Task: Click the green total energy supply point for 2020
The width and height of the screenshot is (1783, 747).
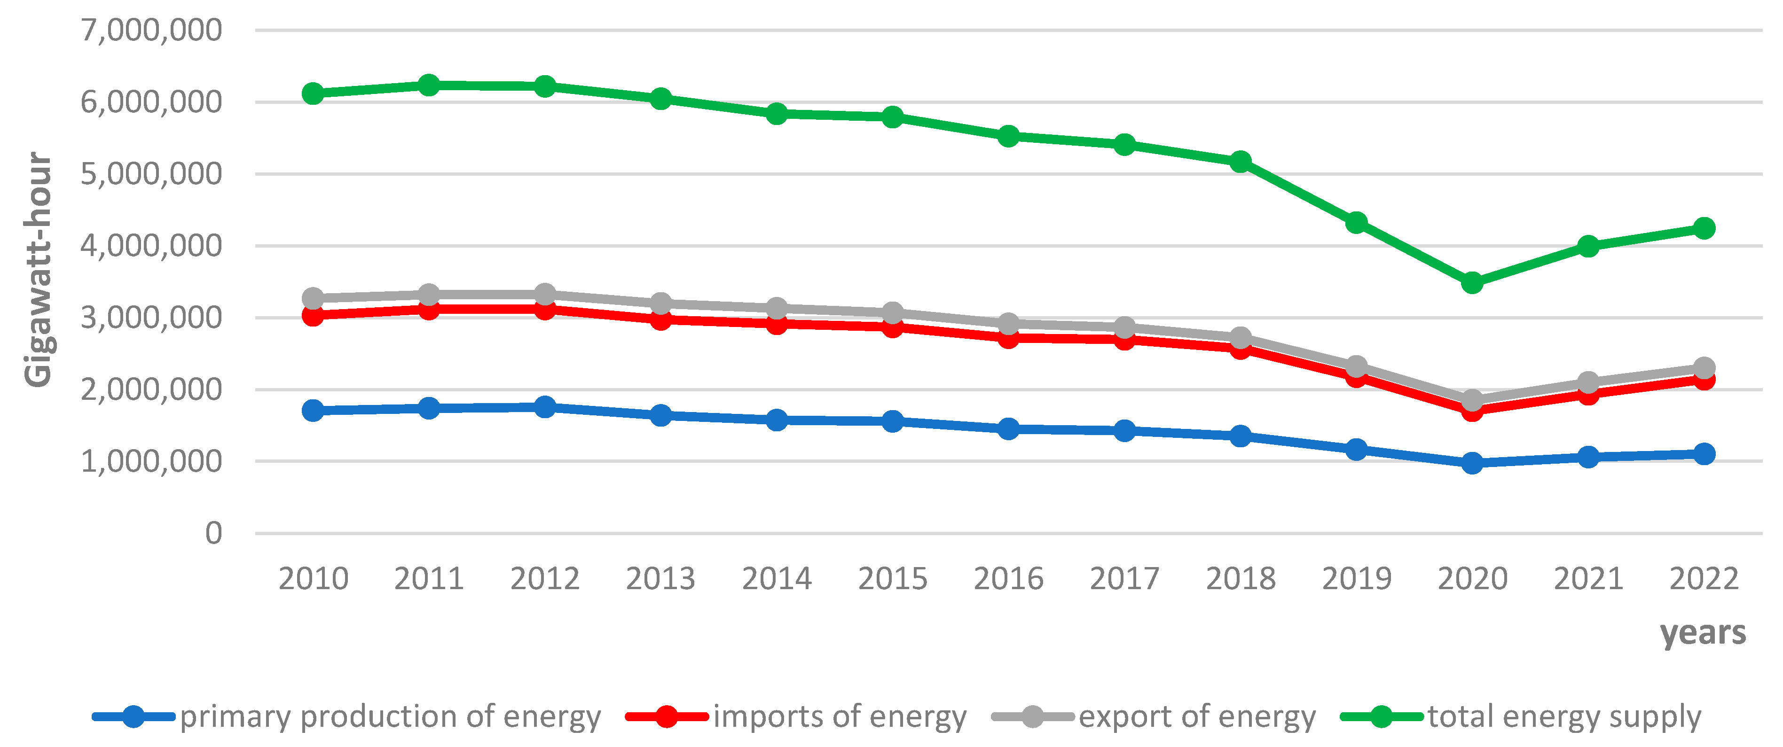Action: tap(1472, 283)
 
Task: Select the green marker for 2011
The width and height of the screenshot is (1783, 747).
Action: tap(429, 85)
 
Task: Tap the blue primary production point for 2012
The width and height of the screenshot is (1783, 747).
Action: tap(545, 407)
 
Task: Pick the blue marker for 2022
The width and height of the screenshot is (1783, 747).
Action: tap(1704, 454)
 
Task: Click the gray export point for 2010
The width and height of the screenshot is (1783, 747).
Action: tap(313, 298)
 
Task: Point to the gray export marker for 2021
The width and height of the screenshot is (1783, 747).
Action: tap(1588, 382)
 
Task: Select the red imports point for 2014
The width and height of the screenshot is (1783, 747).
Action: tap(777, 323)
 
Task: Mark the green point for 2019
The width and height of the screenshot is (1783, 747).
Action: tap(1357, 223)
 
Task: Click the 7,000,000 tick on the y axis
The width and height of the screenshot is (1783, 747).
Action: tap(151, 31)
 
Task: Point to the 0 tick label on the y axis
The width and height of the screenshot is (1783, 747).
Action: tap(213, 533)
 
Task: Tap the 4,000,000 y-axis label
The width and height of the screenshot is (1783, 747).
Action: tap(151, 246)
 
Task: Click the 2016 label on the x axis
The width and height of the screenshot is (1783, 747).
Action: tap(1008, 578)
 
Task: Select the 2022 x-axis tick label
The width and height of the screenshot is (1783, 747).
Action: tap(1704, 578)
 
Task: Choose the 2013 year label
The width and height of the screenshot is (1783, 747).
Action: tap(660, 578)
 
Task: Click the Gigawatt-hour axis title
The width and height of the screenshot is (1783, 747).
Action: tap(38, 270)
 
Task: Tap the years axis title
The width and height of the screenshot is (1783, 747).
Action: tap(1703, 632)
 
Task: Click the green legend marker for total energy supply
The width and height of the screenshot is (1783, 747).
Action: tap(1381, 716)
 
